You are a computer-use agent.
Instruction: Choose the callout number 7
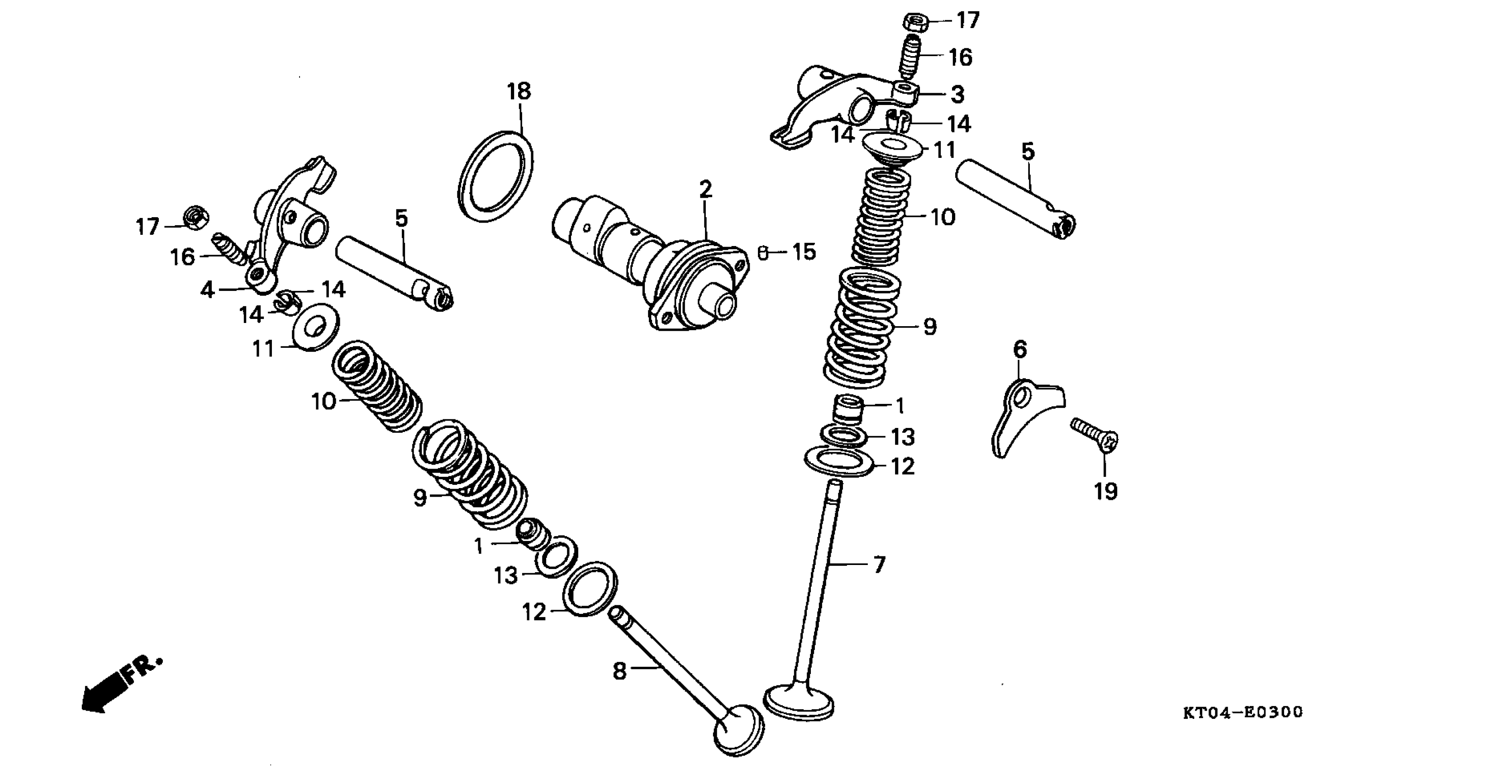coord(879,564)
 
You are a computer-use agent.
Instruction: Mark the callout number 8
coord(620,671)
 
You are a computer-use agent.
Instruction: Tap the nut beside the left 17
coord(195,218)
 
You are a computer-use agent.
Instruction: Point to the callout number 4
coord(207,290)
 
